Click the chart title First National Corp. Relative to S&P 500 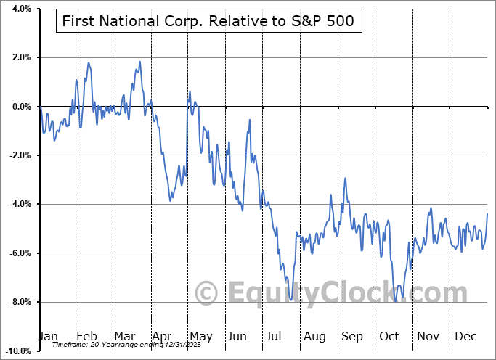205,21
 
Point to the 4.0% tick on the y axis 20,9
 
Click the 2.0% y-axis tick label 20,57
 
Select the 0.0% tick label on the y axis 20,107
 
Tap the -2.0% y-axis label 19,155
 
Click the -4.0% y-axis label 19,204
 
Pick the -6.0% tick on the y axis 19,253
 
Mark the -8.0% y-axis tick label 19,302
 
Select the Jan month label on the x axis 48,337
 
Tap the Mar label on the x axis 123,337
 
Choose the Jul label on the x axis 275,337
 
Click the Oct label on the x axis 389,337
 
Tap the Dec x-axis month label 465,337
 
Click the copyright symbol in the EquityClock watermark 208,294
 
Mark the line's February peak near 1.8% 89,62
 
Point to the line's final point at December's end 487,213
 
